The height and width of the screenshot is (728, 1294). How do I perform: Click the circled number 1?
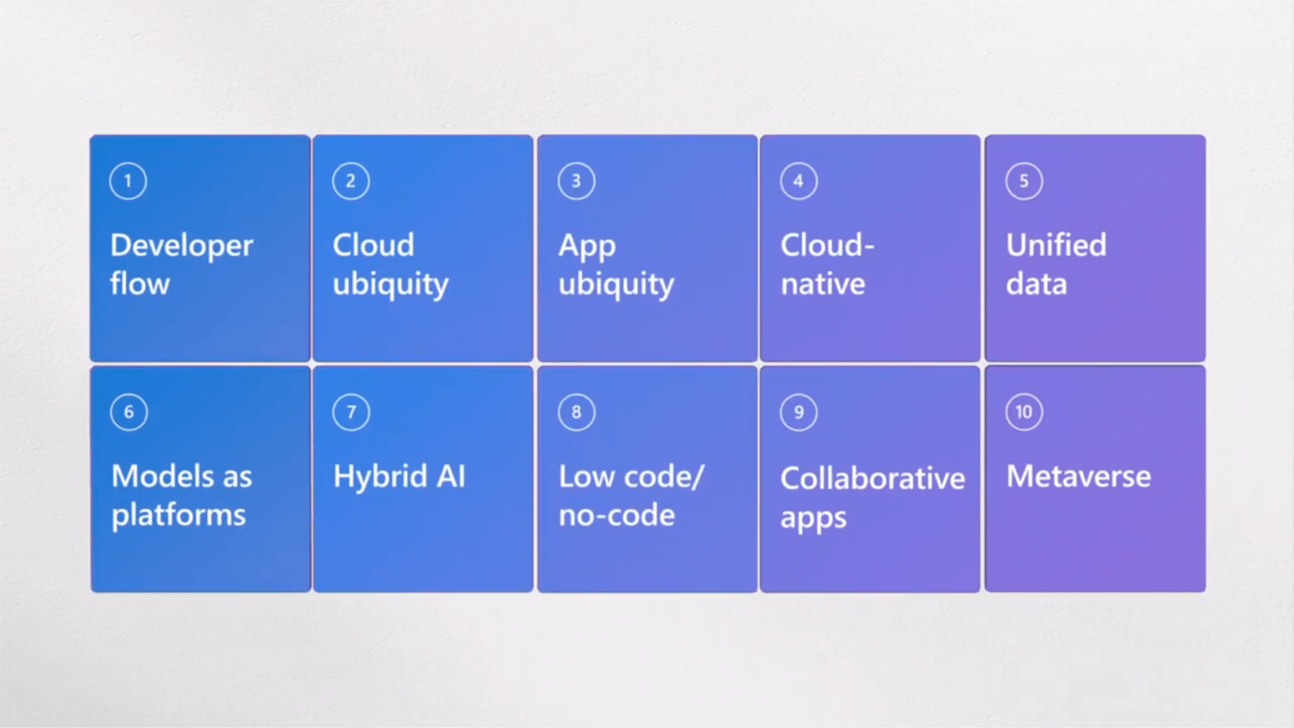(x=128, y=181)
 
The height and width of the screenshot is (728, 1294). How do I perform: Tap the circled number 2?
(x=351, y=181)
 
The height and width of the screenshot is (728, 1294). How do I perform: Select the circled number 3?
(x=576, y=181)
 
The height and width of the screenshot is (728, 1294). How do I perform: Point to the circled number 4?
(x=798, y=181)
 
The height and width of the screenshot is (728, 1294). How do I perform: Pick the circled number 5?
(x=1023, y=181)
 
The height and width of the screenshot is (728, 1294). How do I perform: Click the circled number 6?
(x=128, y=412)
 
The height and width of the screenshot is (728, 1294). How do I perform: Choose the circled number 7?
(x=351, y=412)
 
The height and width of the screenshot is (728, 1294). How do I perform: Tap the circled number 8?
(x=576, y=412)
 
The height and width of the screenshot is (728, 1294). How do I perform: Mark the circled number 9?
(x=798, y=412)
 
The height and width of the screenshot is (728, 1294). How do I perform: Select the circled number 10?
(x=1023, y=412)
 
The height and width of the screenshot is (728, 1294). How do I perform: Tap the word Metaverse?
(x=1079, y=476)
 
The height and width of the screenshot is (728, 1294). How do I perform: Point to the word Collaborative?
(x=872, y=478)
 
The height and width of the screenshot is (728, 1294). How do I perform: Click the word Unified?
(x=1056, y=245)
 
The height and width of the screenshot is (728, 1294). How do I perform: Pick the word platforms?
(x=178, y=515)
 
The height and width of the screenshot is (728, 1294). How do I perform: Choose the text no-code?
(x=616, y=515)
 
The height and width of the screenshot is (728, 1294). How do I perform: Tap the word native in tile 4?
(x=823, y=284)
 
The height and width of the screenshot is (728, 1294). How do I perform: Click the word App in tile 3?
(x=587, y=247)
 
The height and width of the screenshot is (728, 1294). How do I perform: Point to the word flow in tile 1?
(x=139, y=283)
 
